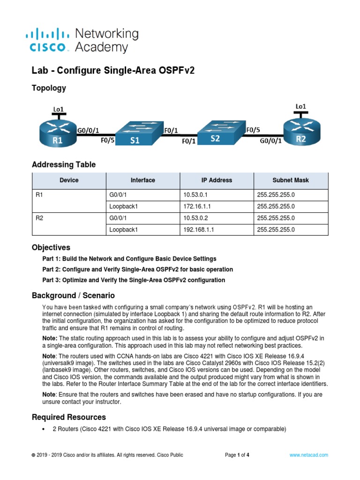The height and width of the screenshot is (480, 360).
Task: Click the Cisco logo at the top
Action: pyautogui.click(x=50, y=40)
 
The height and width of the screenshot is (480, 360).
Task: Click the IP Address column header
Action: pyautogui.click(x=216, y=180)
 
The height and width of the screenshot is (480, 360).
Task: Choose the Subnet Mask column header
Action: pyautogui.click(x=291, y=180)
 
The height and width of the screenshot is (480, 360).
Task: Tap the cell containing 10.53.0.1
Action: pyautogui.click(x=216, y=194)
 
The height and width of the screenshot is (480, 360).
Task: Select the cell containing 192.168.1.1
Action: pyautogui.click(x=216, y=230)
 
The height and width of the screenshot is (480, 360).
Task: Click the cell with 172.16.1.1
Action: pyautogui.click(x=216, y=206)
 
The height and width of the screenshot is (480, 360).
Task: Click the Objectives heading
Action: pyautogui.click(x=51, y=247)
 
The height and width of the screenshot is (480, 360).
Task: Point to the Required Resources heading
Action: pyautogui.click(x=69, y=417)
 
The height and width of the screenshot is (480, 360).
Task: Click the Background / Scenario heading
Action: pyautogui.click(x=73, y=296)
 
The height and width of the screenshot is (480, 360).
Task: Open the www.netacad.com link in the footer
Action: pyautogui.click(x=308, y=455)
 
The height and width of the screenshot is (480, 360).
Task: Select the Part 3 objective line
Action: pyautogui.click(x=134, y=280)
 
